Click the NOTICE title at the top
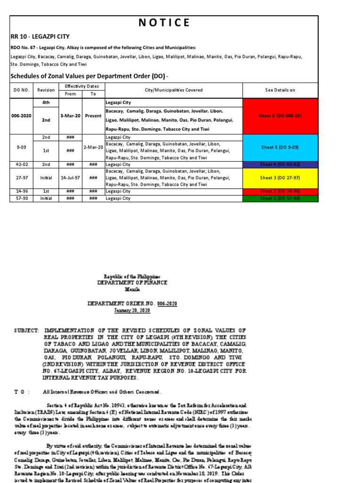click(164, 23)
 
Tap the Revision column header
click(46, 90)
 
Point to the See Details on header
click(280, 90)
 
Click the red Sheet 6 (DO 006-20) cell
click(280, 116)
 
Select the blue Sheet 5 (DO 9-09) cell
click(280, 147)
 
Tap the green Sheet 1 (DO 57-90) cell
click(280, 199)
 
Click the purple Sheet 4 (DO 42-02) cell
click(280, 164)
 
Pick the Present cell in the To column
click(93, 116)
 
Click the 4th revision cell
click(46, 102)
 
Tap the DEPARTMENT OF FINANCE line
click(132, 283)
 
